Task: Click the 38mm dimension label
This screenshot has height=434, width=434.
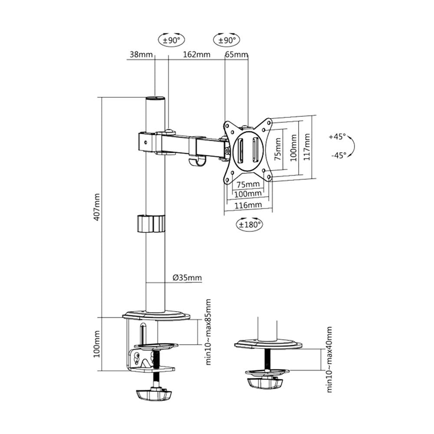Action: click(x=141, y=55)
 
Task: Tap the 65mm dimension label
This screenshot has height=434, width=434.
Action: click(x=237, y=55)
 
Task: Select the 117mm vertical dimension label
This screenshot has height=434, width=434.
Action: click(x=307, y=147)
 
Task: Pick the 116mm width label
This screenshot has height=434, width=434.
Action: click(x=248, y=204)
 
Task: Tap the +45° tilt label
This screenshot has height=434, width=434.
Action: click(x=337, y=137)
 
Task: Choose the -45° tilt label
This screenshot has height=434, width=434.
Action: click(x=337, y=155)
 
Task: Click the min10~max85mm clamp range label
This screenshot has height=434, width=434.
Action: click(x=208, y=332)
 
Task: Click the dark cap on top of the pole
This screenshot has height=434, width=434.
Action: click(x=155, y=99)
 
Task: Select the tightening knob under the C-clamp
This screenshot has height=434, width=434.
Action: click(x=154, y=394)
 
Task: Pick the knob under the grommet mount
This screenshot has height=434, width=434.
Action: click(x=265, y=382)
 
